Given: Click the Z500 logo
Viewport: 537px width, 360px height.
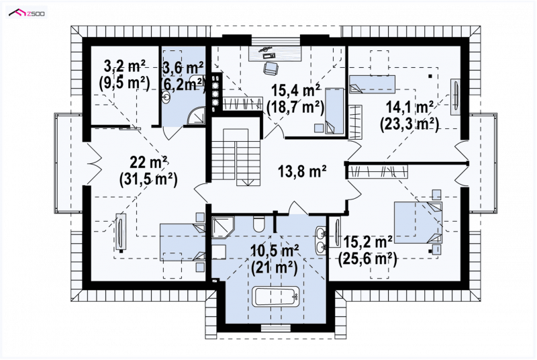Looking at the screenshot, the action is pyautogui.click(x=27, y=13).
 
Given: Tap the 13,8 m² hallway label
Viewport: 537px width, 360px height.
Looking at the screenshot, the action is pyautogui.click(x=301, y=171).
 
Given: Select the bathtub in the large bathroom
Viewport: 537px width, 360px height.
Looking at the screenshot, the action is pyautogui.click(x=276, y=297).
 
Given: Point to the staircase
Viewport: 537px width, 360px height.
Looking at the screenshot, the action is pyautogui.click(x=235, y=157).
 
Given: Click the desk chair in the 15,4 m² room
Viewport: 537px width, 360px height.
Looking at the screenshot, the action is pyautogui.click(x=270, y=68).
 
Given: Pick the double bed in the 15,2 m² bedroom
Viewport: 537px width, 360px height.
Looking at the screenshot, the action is pyautogui.click(x=418, y=222).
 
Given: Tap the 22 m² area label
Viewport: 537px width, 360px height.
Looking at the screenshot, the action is pyautogui.click(x=148, y=162).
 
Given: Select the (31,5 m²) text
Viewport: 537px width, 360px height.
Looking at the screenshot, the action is pyautogui.click(x=148, y=179).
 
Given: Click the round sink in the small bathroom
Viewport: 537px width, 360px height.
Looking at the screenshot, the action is pyautogui.click(x=166, y=97).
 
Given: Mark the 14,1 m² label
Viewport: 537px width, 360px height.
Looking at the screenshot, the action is pyautogui.click(x=409, y=107).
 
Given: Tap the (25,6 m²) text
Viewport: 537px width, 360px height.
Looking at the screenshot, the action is pyautogui.click(x=368, y=259).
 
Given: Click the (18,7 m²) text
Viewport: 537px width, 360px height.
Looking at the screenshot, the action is pyautogui.click(x=295, y=107).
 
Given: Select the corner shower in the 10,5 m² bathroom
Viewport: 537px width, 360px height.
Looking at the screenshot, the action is pyautogui.click(x=222, y=227).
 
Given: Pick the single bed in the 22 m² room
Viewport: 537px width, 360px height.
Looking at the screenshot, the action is pyautogui.click(x=183, y=242).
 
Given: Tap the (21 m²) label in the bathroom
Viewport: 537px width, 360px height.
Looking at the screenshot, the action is pyautogui.click(x=275, y=267).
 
